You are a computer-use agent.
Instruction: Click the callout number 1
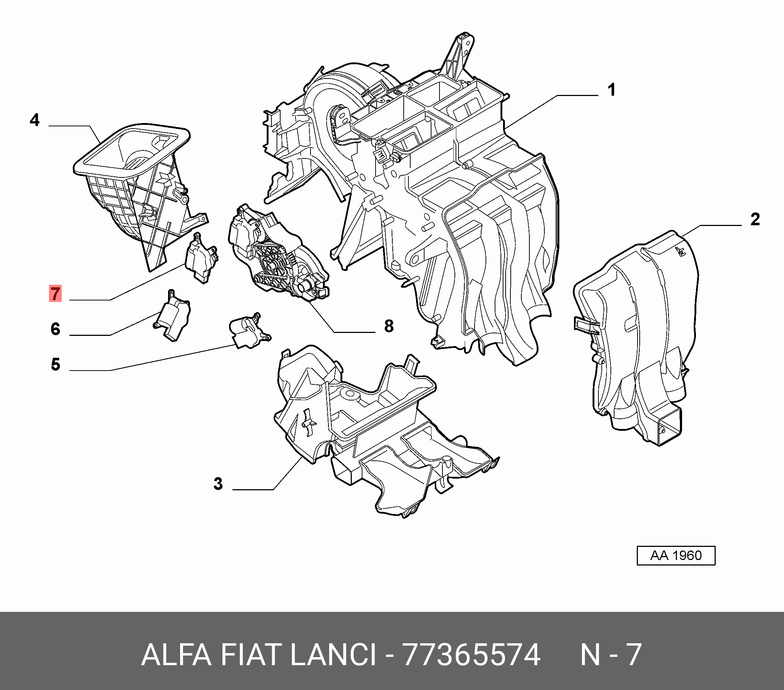tap(612, 90)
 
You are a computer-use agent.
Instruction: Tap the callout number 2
tap(755, 219)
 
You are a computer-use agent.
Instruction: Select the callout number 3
tap(218, 484)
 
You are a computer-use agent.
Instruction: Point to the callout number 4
tap(34, 120)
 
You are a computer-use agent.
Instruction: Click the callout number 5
tap(55, 364)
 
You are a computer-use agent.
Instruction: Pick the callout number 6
tap(55, 329)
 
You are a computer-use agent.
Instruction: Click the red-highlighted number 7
tap(55, 294)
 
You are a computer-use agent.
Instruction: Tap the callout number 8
tap(389, 326)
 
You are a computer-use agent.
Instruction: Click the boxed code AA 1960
tap(676, 555)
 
